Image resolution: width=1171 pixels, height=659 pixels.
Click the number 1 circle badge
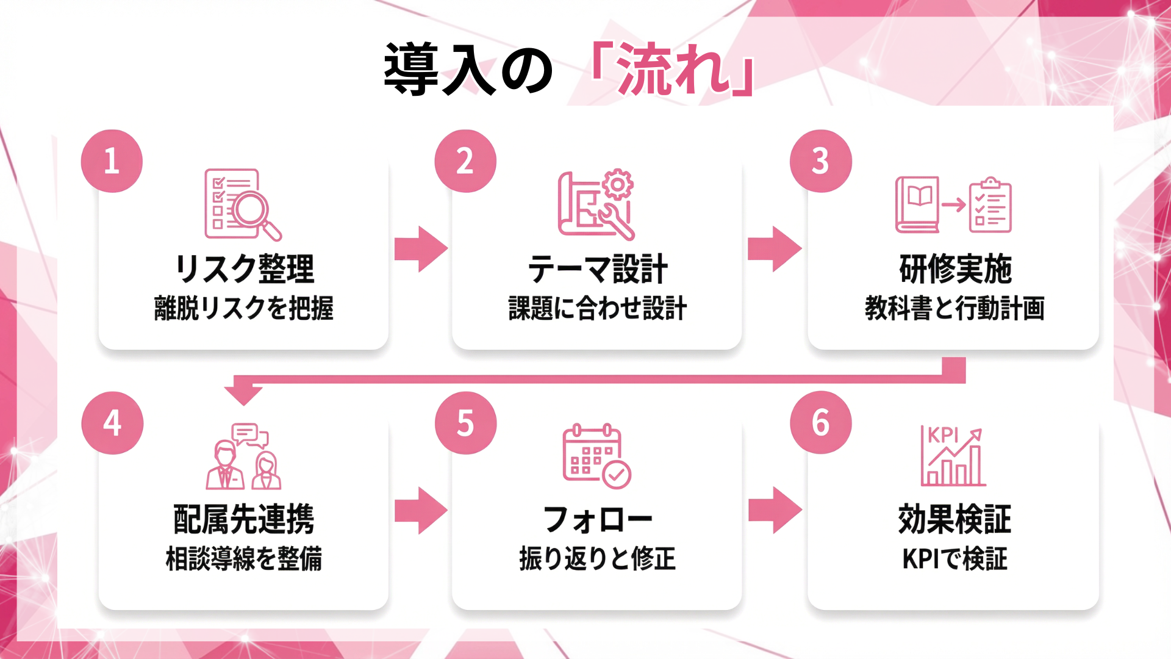[112, 161]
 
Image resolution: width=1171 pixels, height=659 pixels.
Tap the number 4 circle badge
[112, 423]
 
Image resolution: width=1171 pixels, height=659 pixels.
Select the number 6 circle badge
[820, 422]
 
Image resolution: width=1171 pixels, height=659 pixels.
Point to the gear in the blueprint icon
[618, 184]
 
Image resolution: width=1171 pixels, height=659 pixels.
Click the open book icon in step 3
[918, 204]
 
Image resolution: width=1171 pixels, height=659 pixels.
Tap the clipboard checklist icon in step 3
[990, 205]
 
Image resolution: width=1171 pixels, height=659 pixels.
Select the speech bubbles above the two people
[249, 435]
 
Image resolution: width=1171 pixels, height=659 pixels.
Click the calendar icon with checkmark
[596, 456]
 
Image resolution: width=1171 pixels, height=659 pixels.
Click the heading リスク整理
[244, 269]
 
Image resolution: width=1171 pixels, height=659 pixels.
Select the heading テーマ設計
[597, 269]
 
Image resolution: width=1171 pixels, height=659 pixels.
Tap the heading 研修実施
[954, 269]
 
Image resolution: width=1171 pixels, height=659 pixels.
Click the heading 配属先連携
[243, 519]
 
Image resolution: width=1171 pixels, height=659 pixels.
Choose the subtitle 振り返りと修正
[597, 558]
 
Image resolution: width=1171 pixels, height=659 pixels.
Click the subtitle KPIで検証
[954, 558]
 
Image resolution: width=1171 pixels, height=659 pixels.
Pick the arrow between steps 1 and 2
[420, 249]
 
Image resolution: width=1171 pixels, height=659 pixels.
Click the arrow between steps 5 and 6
[775, 510]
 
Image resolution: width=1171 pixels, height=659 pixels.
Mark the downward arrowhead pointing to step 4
[243, 395]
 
